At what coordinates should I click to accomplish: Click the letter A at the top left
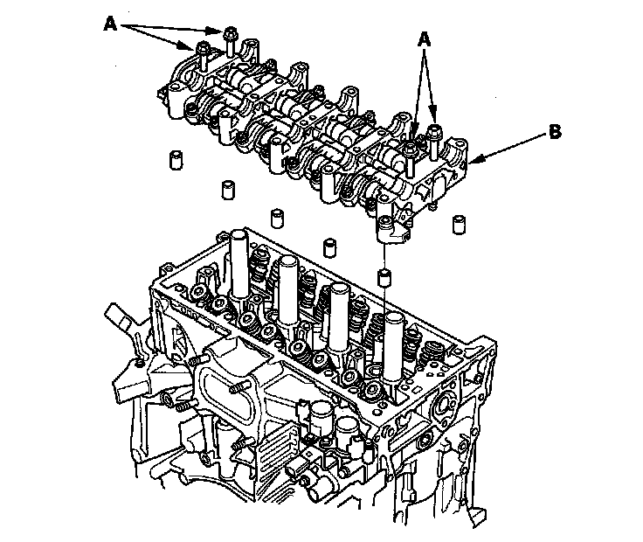tap(110, 25)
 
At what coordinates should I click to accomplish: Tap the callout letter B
tap(553, 132)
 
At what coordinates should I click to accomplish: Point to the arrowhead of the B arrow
tap(473, 163)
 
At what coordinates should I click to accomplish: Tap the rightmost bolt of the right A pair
tap(434, 140)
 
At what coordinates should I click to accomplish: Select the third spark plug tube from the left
tap(337, 311)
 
